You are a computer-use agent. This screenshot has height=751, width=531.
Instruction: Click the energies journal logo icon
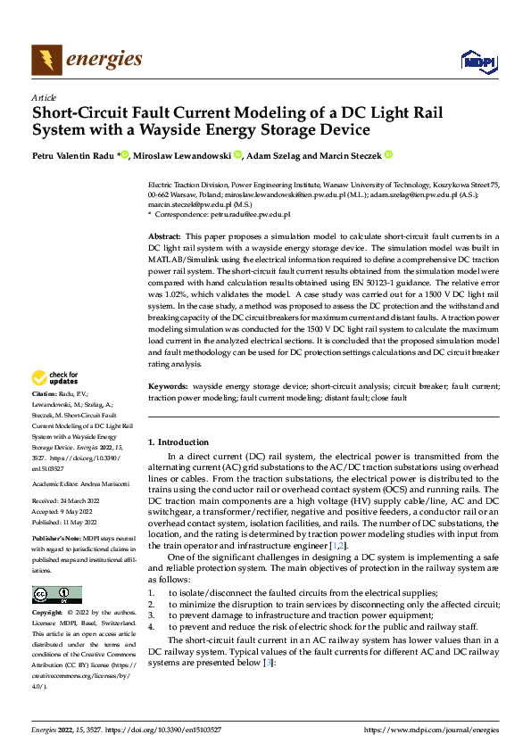click(x=46, y=60)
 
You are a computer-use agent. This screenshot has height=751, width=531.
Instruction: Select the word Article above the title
click(x=44, y=97)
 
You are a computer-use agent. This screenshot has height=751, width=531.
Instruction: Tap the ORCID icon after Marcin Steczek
click(x=389, y=155)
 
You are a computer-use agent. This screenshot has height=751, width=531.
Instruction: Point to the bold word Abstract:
click(x=166, y=235)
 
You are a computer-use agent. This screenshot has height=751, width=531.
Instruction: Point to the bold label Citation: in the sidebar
click(x=46, y=418)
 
